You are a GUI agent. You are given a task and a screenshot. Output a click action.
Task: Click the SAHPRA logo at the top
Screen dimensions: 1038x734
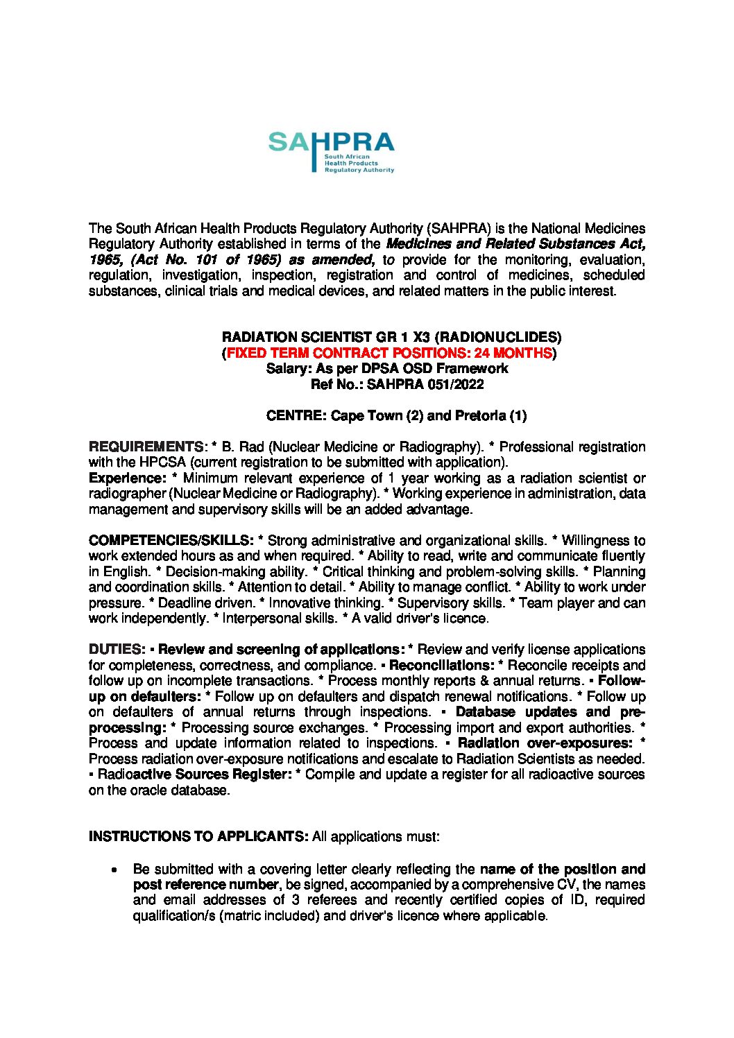pos(331,151)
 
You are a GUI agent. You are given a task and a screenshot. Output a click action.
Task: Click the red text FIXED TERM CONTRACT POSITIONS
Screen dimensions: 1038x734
pos(389,353)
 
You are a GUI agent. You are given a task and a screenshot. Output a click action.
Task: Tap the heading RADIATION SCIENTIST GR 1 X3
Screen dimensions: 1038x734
pos(391,337)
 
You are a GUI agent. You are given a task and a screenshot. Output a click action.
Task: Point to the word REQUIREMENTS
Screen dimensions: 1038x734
pos(146,447)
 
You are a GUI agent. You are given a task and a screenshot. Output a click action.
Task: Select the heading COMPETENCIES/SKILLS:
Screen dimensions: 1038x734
pos(171,540)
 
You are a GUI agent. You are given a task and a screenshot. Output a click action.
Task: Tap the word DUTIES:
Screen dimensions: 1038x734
pos(117,650)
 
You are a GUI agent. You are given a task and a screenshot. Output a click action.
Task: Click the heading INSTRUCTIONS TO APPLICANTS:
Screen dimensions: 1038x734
pos(198,836)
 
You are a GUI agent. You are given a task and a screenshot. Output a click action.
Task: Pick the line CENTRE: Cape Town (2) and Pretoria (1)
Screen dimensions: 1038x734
pos(396,416)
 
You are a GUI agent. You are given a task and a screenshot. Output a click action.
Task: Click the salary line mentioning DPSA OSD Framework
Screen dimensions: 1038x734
pos(387,368)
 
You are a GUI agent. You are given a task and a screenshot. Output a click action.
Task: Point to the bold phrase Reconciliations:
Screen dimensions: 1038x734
pos(442,666)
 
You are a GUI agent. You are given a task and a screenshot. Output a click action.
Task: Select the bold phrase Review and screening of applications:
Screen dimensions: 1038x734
pos(282,650)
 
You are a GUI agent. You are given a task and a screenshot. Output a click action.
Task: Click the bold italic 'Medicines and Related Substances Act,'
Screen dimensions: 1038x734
pos(515,244)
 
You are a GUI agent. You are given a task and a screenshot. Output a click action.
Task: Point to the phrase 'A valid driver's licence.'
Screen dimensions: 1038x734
pos(420,619)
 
